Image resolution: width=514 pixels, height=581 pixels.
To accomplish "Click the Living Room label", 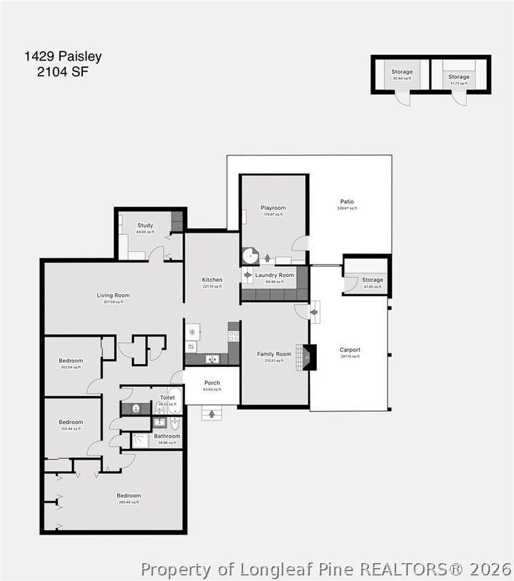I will (x=114, y=295).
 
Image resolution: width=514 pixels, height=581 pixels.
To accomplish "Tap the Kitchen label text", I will (x=212, y=280).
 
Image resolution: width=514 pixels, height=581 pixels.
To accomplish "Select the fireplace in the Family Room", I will (x=308, y=357).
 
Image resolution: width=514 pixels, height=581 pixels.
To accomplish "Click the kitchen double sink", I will (x=212, y=359).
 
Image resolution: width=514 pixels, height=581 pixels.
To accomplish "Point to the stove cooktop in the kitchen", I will (x=233, y=336).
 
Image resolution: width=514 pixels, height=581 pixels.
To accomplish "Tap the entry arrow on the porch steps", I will (x=211, y=413).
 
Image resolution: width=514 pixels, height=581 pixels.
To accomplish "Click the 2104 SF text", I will (x=64, y=71).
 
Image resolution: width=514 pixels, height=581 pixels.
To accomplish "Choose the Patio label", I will (x=347, y=201).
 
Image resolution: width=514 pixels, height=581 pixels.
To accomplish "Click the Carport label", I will (x=350, y=350).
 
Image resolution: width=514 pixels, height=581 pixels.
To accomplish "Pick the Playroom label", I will (x=273, y=208).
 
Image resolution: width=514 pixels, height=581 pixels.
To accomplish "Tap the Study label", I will (x=145, y=226).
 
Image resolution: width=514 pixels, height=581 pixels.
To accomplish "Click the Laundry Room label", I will (x=274, y=275).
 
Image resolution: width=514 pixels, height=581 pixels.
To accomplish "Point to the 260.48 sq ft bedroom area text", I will (x=129, y=502).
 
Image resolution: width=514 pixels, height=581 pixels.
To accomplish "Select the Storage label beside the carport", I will (x=372, y=280).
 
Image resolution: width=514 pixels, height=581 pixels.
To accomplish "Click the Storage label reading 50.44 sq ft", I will (x=402, y=71).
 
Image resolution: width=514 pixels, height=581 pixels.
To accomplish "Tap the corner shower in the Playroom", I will (x=250, y=256).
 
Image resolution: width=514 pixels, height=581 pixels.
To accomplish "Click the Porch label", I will (x=212, y=383).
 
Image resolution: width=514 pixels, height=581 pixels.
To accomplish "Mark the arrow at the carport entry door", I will (x=313, y=311).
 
